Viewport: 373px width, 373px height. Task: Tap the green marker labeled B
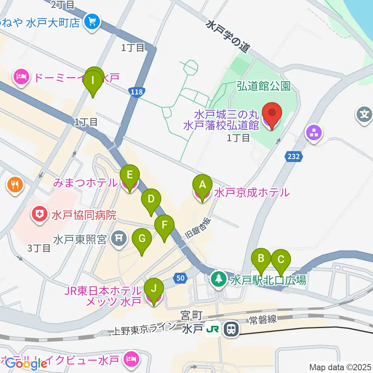tap(261, 258)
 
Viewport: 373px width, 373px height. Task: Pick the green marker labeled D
tap(152, 199)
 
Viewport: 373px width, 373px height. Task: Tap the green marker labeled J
tap(154, 289)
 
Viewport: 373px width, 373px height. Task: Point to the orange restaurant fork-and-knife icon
tap(16, 183)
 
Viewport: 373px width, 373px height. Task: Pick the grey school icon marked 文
tap(364, 115)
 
